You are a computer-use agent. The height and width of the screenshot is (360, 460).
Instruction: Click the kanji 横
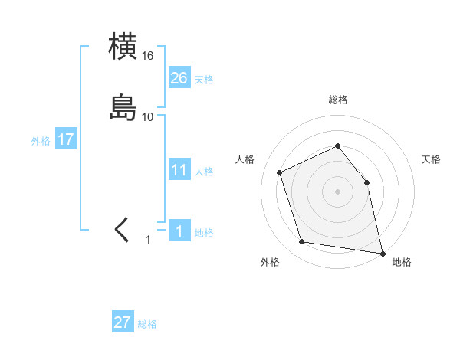click(123, 46)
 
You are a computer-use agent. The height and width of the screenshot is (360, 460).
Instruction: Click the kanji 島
click(123, 107)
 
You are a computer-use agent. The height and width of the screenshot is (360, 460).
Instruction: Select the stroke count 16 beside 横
click(148, 56)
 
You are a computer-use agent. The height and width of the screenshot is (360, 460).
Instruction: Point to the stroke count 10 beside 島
click(148, 117)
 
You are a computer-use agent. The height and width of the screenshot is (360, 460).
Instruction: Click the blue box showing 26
click(179, 78)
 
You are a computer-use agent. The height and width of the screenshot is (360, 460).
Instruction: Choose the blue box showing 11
click(179, 170)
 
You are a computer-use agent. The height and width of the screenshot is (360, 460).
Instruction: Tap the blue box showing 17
click(66, 140)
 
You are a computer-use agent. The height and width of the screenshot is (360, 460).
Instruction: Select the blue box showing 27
click(123, 322)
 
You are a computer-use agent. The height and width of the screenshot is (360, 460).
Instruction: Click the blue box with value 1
click(179, 231)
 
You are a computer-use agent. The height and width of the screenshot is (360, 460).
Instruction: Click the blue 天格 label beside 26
click(204, 80)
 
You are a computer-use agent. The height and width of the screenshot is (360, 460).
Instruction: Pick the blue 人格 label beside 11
click(204, 172)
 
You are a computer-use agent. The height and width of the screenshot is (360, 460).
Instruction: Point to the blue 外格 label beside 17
click(41, 141)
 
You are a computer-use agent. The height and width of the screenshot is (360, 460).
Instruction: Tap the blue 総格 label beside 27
click(147, 324)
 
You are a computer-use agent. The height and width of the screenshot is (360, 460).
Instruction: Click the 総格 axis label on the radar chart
click(337, 100)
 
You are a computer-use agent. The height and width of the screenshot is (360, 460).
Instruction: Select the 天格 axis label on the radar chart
click(431, 159)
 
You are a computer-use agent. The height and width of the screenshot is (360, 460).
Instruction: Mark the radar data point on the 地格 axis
click(381, 253)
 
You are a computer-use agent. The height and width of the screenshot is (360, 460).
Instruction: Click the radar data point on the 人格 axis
click(280, 172)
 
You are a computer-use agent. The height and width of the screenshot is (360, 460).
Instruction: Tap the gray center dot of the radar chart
click(337, 191)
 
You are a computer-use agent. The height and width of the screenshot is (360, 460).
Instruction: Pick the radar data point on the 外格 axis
click(302, 242)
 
